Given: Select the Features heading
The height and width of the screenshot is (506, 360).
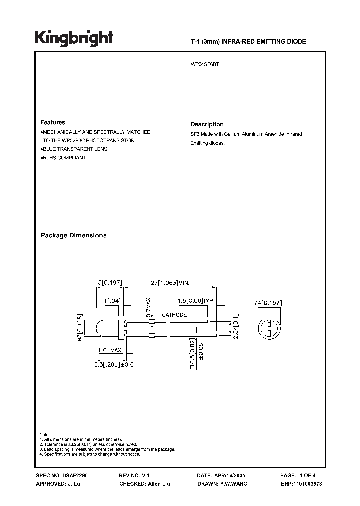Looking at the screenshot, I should click(x=53, y=122).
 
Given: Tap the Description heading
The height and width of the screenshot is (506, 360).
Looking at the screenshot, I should click(x=207, y=124).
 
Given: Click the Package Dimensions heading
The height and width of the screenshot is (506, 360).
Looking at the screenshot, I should click(x=73, y=235).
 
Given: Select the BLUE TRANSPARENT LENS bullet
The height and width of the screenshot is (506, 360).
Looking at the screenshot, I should click(x=74, y=149).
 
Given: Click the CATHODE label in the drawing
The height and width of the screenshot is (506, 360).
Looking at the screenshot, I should click(x=174, y=315).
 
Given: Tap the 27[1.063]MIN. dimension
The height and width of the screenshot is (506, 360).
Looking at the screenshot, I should click(x=170, y=283).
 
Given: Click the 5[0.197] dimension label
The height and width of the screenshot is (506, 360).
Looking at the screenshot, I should click(x=110, y=283).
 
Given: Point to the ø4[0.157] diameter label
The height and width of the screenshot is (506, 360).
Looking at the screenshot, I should click(x=268, y=302).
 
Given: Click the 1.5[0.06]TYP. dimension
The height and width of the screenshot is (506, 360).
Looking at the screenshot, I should click(x=196, y=301).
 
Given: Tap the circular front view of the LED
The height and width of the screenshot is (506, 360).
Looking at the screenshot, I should click(x=269, y=328).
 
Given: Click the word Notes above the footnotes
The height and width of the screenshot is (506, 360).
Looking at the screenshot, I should click(x=45, y=434).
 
